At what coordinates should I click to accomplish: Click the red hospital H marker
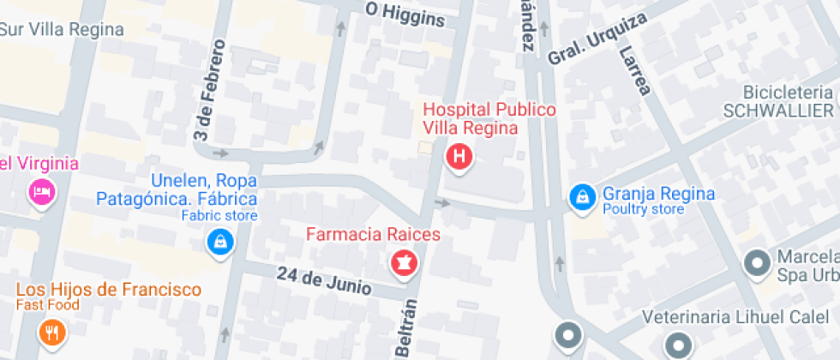tap(460, 157)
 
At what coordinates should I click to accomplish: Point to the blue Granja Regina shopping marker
tap(582, 198)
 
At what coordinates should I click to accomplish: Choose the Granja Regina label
tap(657, 194)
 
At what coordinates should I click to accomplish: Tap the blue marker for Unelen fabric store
tap(219, 241)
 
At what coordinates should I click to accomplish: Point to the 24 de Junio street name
tap(324, 281)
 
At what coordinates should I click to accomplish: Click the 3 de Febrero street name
tap(207, 90)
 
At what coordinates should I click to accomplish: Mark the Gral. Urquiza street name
tap(597, 40)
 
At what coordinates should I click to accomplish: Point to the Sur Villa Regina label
tap(62, 29)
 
